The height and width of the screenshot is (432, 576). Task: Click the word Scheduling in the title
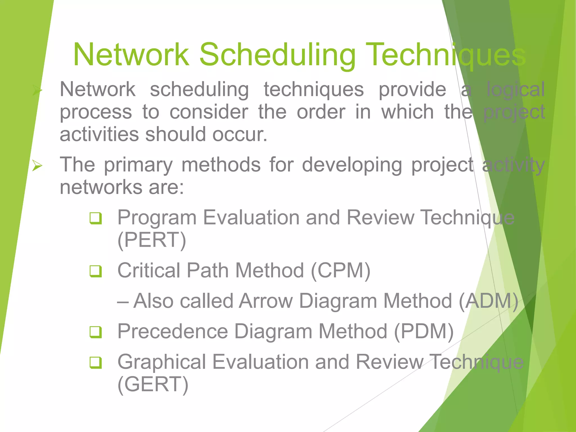click(277, 55)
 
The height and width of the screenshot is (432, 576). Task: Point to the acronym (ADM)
click(488, 301)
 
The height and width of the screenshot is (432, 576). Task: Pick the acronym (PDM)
click(424, 331)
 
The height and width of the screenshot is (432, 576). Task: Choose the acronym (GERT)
click(153, 384)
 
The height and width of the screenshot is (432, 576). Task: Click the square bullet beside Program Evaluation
click(96, 218)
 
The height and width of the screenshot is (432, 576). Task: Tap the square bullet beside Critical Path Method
click(96, 271)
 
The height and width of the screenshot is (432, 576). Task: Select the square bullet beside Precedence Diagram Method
click(96, 332)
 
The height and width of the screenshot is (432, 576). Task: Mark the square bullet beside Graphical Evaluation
click(96, 363)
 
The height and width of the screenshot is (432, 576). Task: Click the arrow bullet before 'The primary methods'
click(37, 165)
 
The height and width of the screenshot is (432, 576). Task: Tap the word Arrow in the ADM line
click(266, 301)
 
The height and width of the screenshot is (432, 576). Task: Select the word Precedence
click(172, 331)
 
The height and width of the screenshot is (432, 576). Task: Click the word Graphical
click(162, 362)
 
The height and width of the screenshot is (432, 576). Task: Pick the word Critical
click(149, 271)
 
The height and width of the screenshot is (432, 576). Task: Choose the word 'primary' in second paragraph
click(138, 165)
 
